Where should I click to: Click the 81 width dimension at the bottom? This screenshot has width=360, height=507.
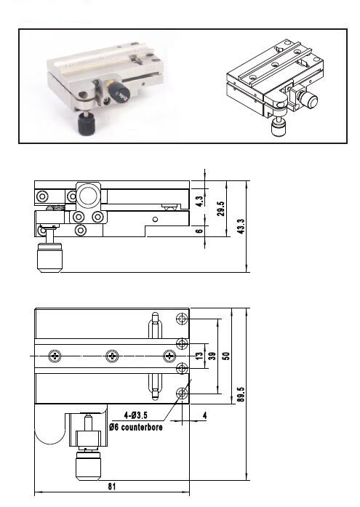pyautogui.click(x=111, y=487)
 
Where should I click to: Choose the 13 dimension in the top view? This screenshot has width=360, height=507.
pyautogui.click(x=199, y=356)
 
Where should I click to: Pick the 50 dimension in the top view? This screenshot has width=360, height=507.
pyautogui.click(x=226, y=356)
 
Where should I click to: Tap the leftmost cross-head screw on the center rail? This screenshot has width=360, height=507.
pyautogui.click(x=55, y=356)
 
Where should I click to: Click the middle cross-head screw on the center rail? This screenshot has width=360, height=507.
pyautogui.click(x=111, y=356)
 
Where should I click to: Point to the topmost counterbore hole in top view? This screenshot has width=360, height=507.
pyautogui.click(x=182, y=319)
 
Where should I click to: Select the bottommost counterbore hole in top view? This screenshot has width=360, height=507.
pyautogui.click(x=182, y=394)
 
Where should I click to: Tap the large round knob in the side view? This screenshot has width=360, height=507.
pyautogui.click(x=89, y=196)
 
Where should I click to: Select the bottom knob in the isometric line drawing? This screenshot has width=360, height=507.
pyautogui.click(x=279, y=128)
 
